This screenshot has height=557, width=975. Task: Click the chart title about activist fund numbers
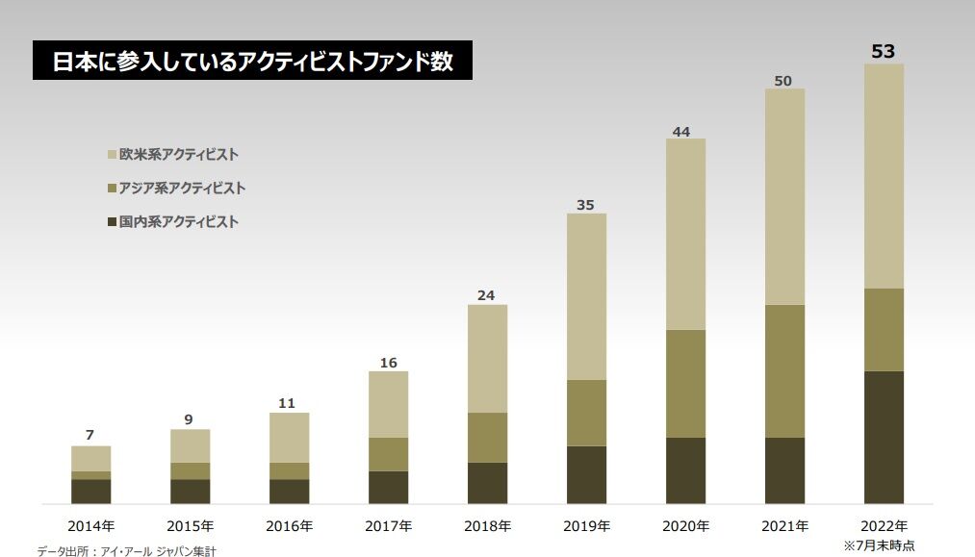pos(252,61)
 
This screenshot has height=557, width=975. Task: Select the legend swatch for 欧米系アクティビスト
pos(111,154)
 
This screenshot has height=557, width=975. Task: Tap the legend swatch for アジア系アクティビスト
pos(111,189)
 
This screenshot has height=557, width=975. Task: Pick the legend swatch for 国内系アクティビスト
pos(111,222)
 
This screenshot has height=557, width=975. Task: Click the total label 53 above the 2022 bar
pos(883,51)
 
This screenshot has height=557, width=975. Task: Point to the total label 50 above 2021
pos(783,81)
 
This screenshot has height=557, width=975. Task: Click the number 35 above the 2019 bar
pos(584,205)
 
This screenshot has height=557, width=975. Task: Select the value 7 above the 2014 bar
pos(90,435)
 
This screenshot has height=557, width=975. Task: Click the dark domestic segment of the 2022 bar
pos(884,437)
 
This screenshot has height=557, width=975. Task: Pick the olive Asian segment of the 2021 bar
pos(784,370)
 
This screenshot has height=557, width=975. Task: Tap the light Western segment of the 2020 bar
pos(685,234)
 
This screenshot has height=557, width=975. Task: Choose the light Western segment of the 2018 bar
pos(487,358)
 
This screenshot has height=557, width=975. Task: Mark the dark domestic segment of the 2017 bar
pos(388,487)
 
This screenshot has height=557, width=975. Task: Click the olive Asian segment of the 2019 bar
pos(586,412)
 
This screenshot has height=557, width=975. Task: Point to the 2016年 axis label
pos(289,526)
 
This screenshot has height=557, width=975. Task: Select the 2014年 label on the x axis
pos(90,526)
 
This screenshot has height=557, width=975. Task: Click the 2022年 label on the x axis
pos(884,526)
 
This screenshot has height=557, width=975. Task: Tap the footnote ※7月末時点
pos(879,545)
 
